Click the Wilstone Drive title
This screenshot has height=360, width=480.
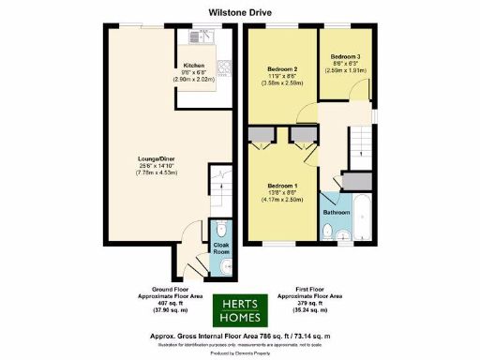[239, 12]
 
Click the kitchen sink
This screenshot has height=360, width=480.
[201, 38]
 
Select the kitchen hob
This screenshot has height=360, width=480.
[225, 67]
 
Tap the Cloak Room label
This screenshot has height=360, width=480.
[221, 249]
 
